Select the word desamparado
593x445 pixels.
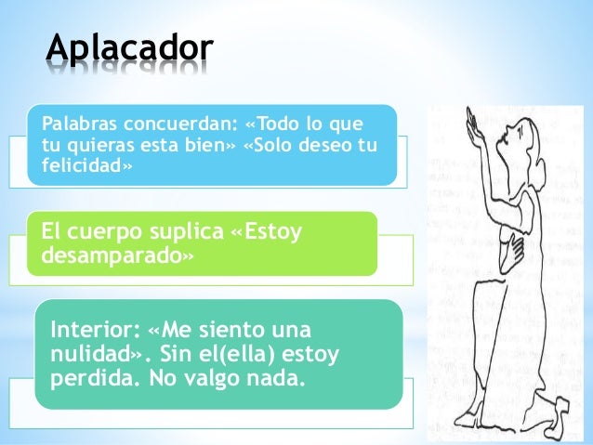pos(109,255)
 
